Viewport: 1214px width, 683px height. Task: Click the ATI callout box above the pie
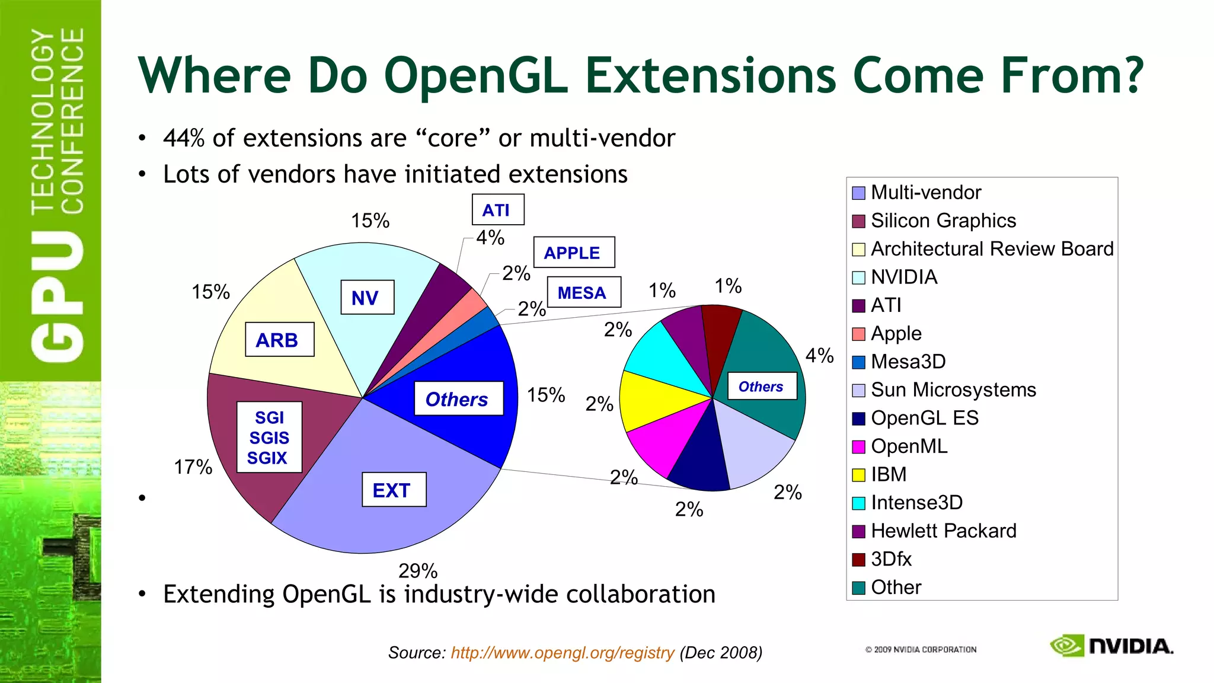[497, 210]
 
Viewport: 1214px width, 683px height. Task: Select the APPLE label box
[573, 253]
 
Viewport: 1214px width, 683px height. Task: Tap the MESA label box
[583, 292]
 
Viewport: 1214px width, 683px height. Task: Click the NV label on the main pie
[367, 298]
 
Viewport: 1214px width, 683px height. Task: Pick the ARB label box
[279, 340]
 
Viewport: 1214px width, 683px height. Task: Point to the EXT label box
[394, 490]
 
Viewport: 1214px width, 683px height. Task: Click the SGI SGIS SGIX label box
[269, 438]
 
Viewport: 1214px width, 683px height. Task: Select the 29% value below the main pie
[417, 571]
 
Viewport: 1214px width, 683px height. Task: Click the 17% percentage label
[193, 467]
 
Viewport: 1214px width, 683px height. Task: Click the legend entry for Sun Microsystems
[953, 390]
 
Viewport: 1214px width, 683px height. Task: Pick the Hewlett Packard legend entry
[943, 531]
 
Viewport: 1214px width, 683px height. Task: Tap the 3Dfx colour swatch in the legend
[858, 560]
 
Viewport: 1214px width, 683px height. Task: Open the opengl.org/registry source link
[562, 653]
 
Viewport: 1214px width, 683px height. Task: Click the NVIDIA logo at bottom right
[1111, 646]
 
